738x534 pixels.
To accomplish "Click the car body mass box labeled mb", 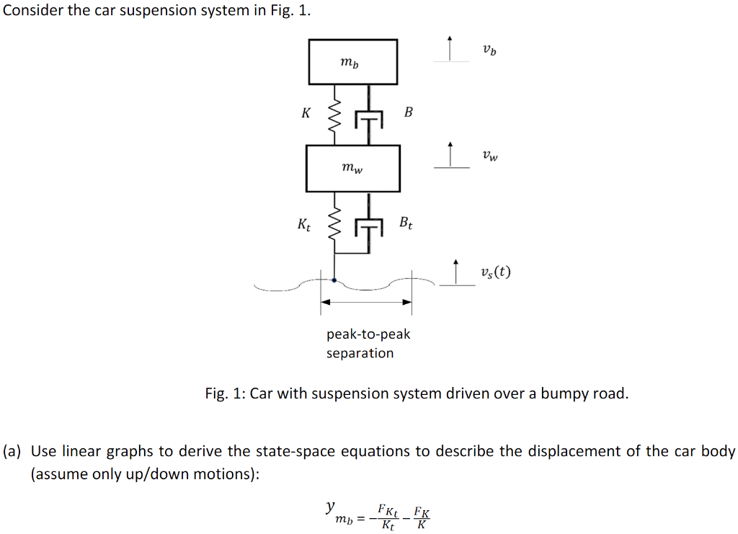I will [352, 62].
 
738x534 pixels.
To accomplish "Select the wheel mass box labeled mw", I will [352, 168].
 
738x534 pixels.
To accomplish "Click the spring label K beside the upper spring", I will [306, 113].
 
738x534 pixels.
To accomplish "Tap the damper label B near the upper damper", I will [409, 112].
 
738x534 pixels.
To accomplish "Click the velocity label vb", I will [489, 50].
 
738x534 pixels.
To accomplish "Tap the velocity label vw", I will [490, 155].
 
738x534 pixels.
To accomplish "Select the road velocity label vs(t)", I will [495, 272].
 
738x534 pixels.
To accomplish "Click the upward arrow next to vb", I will [450, 48].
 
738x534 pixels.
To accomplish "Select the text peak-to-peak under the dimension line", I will [368, 334].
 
